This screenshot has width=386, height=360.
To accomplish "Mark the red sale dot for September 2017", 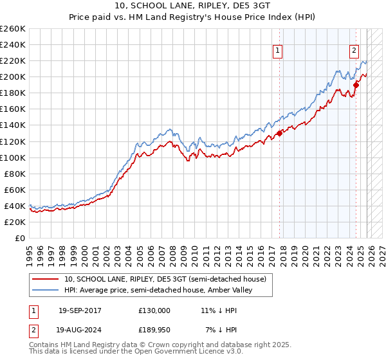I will point(279,133).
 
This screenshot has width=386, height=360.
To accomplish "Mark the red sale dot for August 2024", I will point(356,84).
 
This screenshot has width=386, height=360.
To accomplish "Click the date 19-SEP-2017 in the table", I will point(80,310).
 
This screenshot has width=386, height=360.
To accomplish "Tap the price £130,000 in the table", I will point(154,310).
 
